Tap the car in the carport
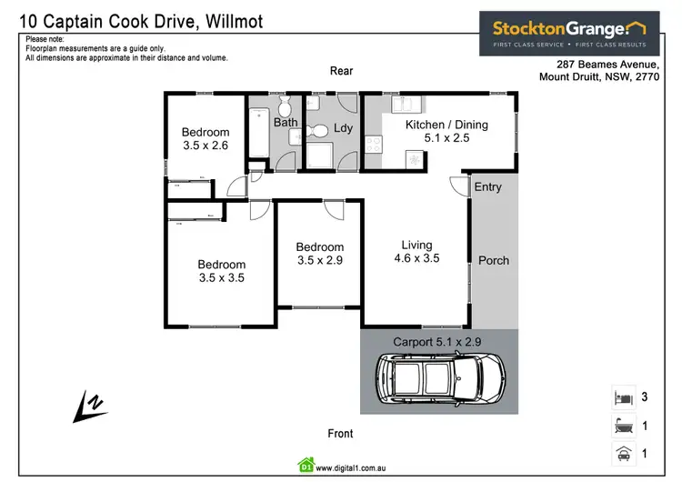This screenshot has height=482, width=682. pyautogui.click(x=440, y=377)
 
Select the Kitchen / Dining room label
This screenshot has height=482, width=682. pyautogui.click(x=446, y=125)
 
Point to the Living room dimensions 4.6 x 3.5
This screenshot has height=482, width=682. pyautogui.click(x=416, y=258)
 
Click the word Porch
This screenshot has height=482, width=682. pyautogui.click(x=494, y=260)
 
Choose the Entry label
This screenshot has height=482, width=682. pyautogui.click(x=488, y=187)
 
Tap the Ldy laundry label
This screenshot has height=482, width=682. pyautogui.click(x=343, y=128)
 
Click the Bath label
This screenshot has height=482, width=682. pyautogui.click(x=286, y=122)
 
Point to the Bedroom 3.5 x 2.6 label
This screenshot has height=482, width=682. pyautogui.click(x=206, y=138)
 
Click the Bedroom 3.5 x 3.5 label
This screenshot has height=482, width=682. pyautogui.click(x=221, y=272)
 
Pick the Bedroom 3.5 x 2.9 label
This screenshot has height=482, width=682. pyautogui.click(x=320, y=253)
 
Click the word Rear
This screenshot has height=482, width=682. pyautogui.click(x=341, y=71)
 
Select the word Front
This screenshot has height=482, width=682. pyautogui.click(x=341, y=434)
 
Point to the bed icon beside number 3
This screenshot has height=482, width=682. pyautogui.click(x=621, y=397)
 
